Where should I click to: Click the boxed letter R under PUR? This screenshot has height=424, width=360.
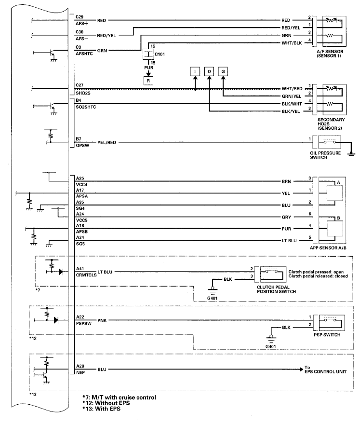click(x=148, y=80)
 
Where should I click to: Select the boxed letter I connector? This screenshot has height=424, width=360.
click(x=195, y=71)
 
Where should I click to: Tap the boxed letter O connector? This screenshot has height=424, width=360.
click(x=209, y=71)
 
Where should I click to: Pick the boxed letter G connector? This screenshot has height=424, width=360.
click(x=224, y=71)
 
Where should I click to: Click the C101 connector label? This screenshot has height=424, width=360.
click(x=160, y=55)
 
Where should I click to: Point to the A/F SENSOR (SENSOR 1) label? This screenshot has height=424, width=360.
click(x=329, y=54)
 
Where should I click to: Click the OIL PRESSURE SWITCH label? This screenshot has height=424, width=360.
click(x=325, y=155)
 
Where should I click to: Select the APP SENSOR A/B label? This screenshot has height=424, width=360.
click(x=329, y=247)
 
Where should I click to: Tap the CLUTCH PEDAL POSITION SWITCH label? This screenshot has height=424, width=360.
click(x=276, y=289)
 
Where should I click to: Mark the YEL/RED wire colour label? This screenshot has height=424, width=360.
click(x=107, y=142)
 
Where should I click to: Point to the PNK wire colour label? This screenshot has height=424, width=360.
click(x=103, y=320)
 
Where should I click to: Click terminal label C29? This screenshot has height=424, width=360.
click(x=80, y=17)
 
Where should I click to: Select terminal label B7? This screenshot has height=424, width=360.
click(x=79, y=139)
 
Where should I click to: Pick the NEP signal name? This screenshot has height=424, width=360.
click(x=80, y=372)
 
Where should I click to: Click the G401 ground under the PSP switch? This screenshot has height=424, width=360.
click(x=272, y=346)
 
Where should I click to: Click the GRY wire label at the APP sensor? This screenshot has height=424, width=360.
click(x=286, y=217)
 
